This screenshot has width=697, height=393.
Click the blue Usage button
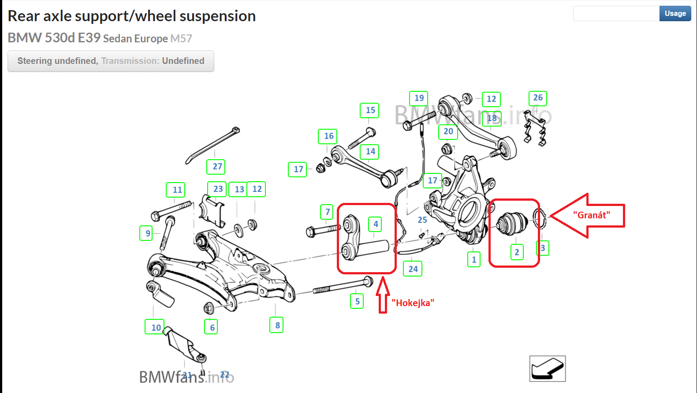pos(675,14)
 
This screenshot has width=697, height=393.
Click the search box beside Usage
pos(616,14)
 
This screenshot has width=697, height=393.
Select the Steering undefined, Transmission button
pos(111,61)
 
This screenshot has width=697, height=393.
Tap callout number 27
pos(217,167)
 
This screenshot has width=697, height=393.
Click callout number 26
pos(538,98)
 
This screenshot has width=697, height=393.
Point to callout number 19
pos(419,98)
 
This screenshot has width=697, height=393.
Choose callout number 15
pos(370,110)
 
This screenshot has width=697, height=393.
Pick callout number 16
pos(328,136)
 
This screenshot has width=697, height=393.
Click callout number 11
pos(177,190)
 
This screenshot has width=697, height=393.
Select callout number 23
pos(218,189)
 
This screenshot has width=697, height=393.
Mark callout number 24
pos(413,269)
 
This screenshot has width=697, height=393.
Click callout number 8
pos(277,326)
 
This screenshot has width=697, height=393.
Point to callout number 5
pos(357,302)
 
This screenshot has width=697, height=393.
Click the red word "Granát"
pos(591,215)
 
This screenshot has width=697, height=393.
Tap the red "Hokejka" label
pos(413,303)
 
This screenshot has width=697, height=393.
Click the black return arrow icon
pos(548,369)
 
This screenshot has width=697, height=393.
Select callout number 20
pos(448,131)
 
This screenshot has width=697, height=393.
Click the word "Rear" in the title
pos(24,16)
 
